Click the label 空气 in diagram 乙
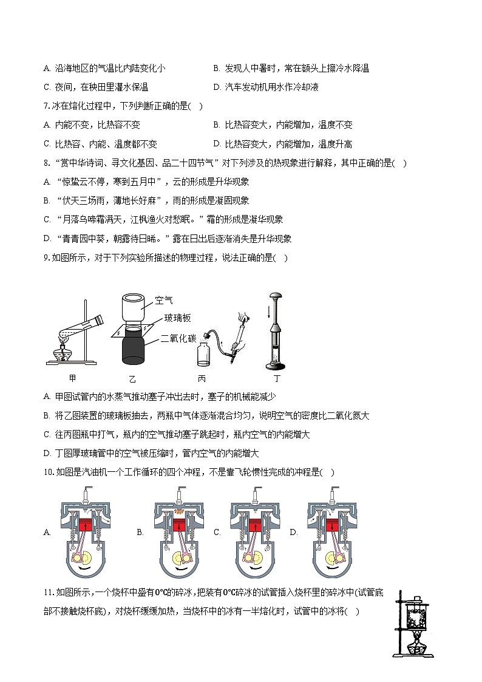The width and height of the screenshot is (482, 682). [164, 300]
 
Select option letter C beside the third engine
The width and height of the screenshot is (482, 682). [217, 533]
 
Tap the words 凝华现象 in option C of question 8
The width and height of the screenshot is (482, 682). [266, 220]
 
